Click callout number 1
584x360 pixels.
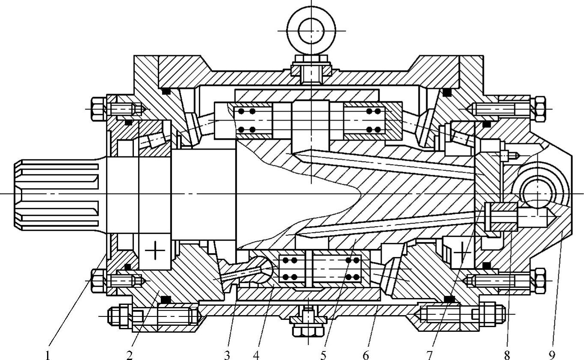(48, 355)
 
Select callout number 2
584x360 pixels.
(130, 355)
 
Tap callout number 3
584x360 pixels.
(227, 355)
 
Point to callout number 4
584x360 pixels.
(256, 355)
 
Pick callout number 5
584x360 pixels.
(323, 355)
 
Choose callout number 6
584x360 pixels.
(365, 355)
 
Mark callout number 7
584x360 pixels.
(429, 355)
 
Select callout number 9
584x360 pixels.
(551, 355)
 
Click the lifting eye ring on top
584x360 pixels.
(311, 31)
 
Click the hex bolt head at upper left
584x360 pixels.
(98, 109)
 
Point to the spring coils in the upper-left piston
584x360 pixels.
(246, 120)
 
